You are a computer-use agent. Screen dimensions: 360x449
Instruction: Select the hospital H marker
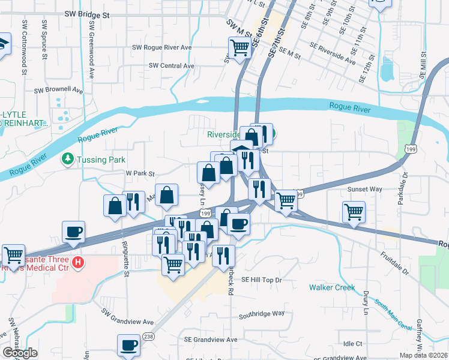point(77,262)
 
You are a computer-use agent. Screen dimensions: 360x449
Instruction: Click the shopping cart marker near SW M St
point(240,47)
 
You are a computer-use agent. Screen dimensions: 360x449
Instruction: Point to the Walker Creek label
point(333,287)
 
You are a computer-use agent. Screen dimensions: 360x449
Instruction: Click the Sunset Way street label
point(365,188)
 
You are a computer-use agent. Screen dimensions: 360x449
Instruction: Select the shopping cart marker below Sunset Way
point(354,212)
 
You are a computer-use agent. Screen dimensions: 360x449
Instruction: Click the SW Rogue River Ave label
point(161,47)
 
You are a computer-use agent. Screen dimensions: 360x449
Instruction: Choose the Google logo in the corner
point(20,353)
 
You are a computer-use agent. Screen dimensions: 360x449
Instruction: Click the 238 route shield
point(149,337)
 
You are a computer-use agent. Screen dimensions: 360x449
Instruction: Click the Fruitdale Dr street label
point(394,263)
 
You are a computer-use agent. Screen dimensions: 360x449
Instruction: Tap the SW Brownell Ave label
point(58,90)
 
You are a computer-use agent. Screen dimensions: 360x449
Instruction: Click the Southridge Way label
point(261,314)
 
